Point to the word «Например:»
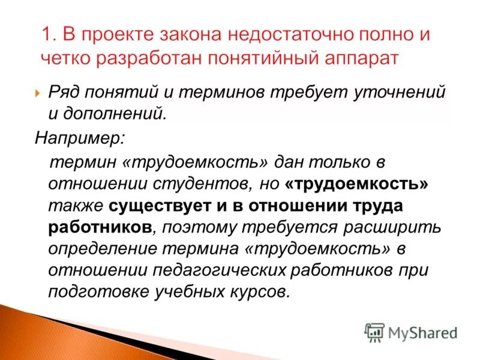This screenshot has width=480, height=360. (79, 138)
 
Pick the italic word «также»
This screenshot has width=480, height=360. (75, 205)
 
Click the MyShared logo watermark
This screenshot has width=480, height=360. (411, 332)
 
